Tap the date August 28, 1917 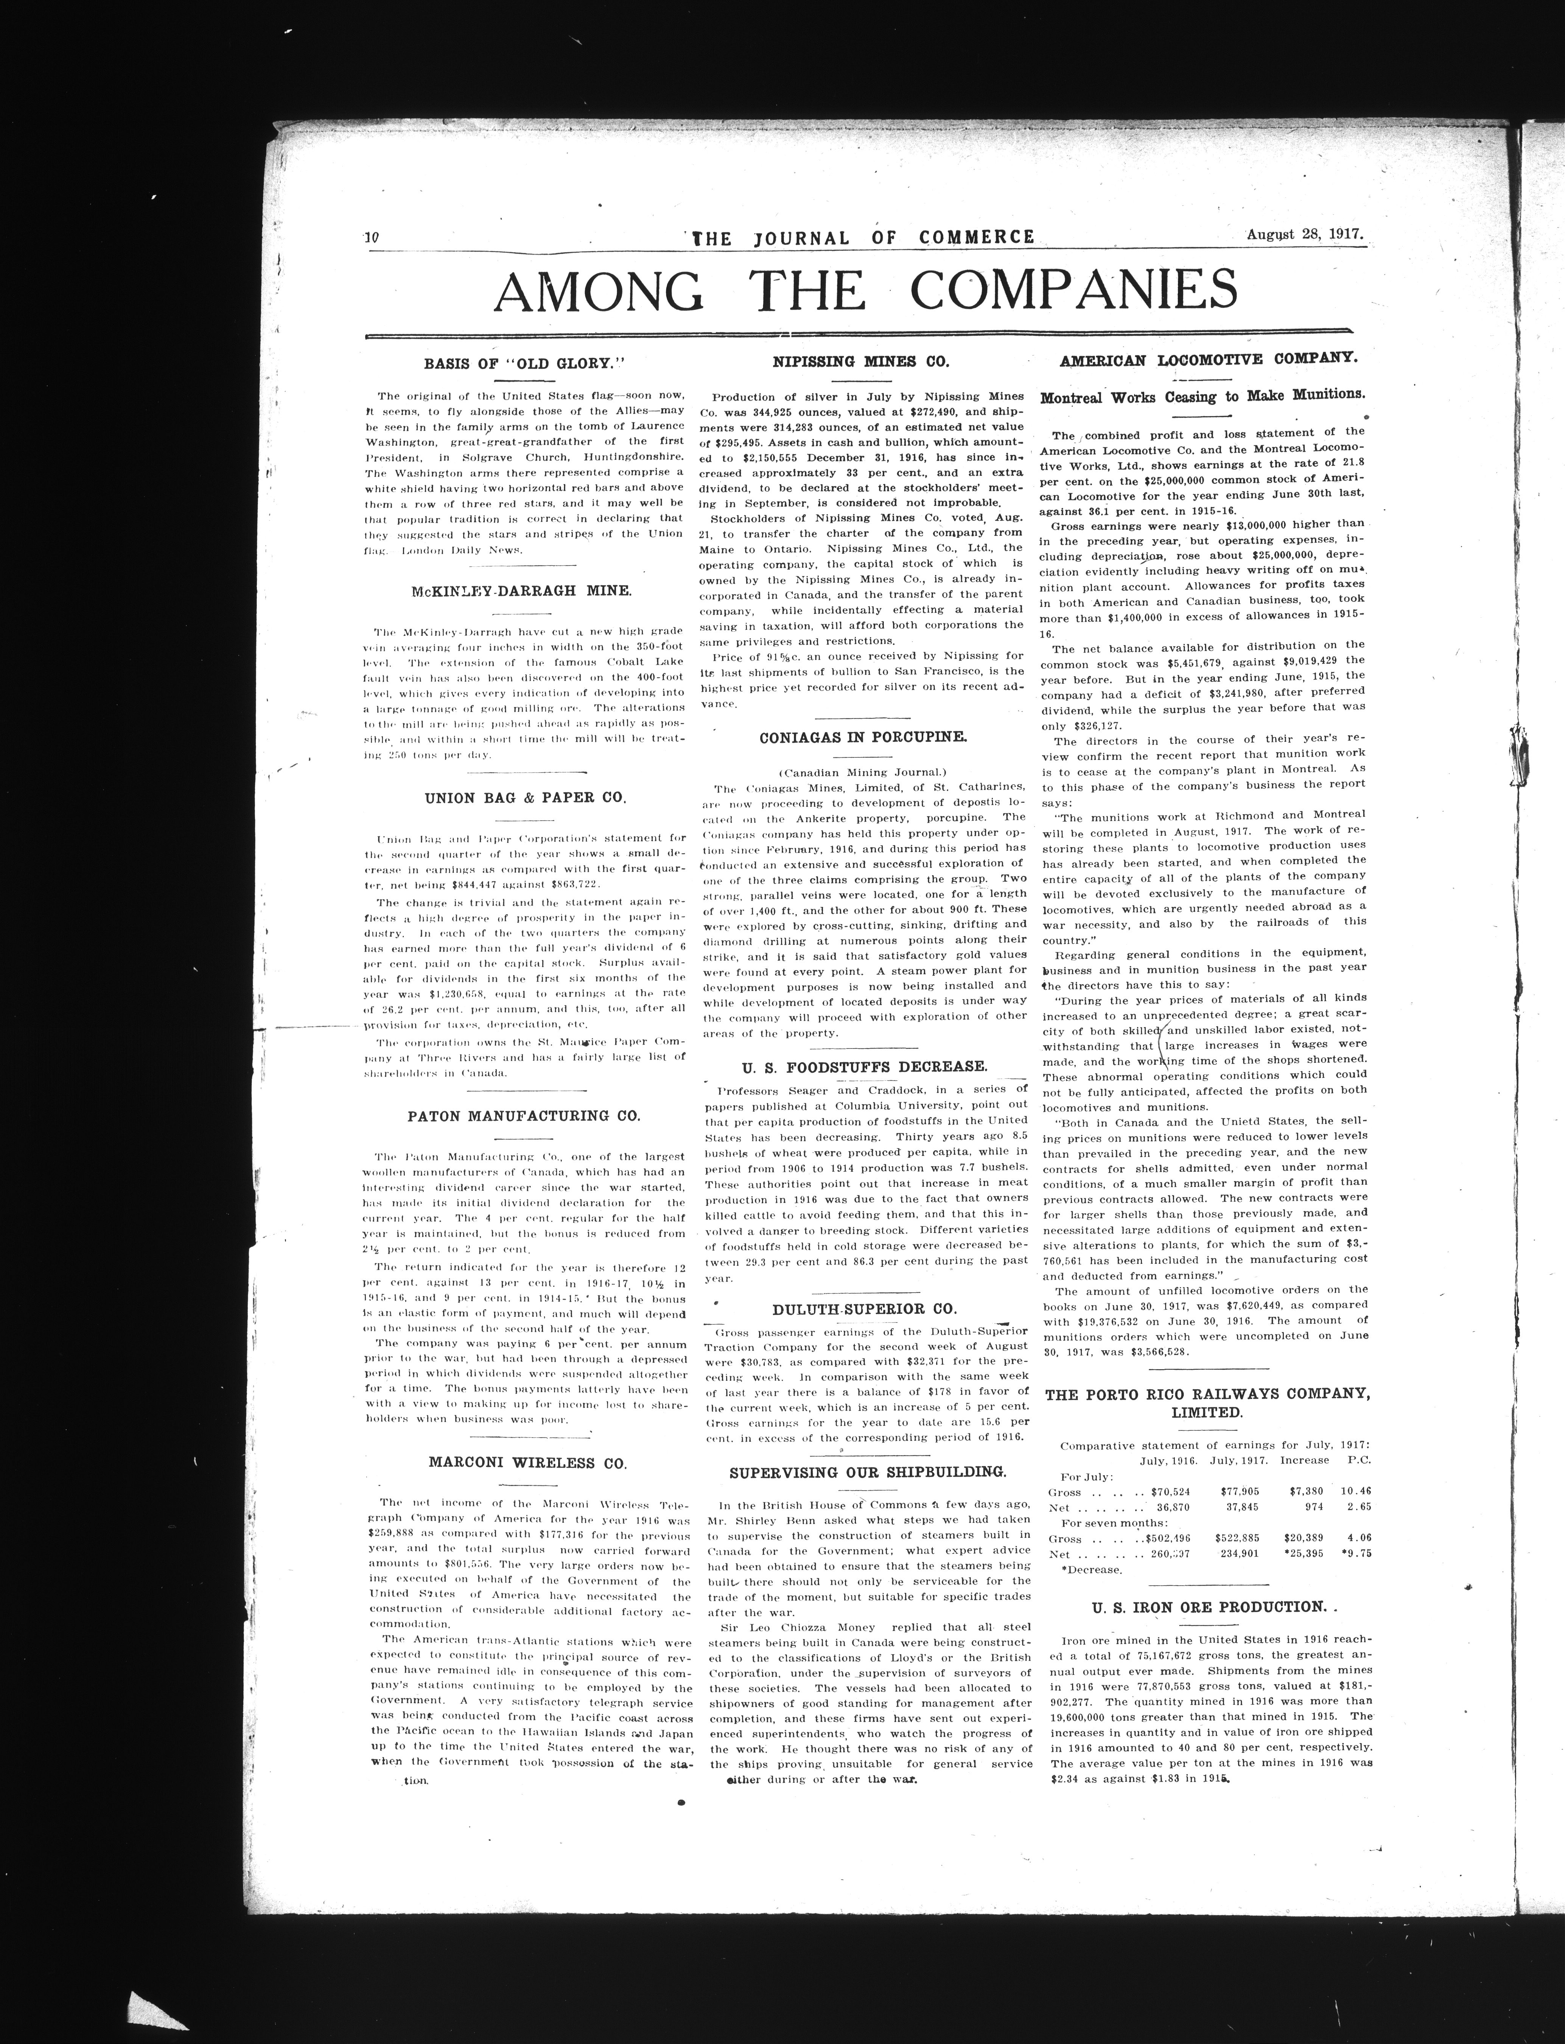pyautogui.click(x=1305, y=235)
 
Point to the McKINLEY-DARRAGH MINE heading pyautogui.click(x=521, y=590)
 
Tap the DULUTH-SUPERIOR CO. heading pyautogui.click(x=863, y=1308)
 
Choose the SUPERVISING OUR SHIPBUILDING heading pyautogui.click(x=867, y=1472)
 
